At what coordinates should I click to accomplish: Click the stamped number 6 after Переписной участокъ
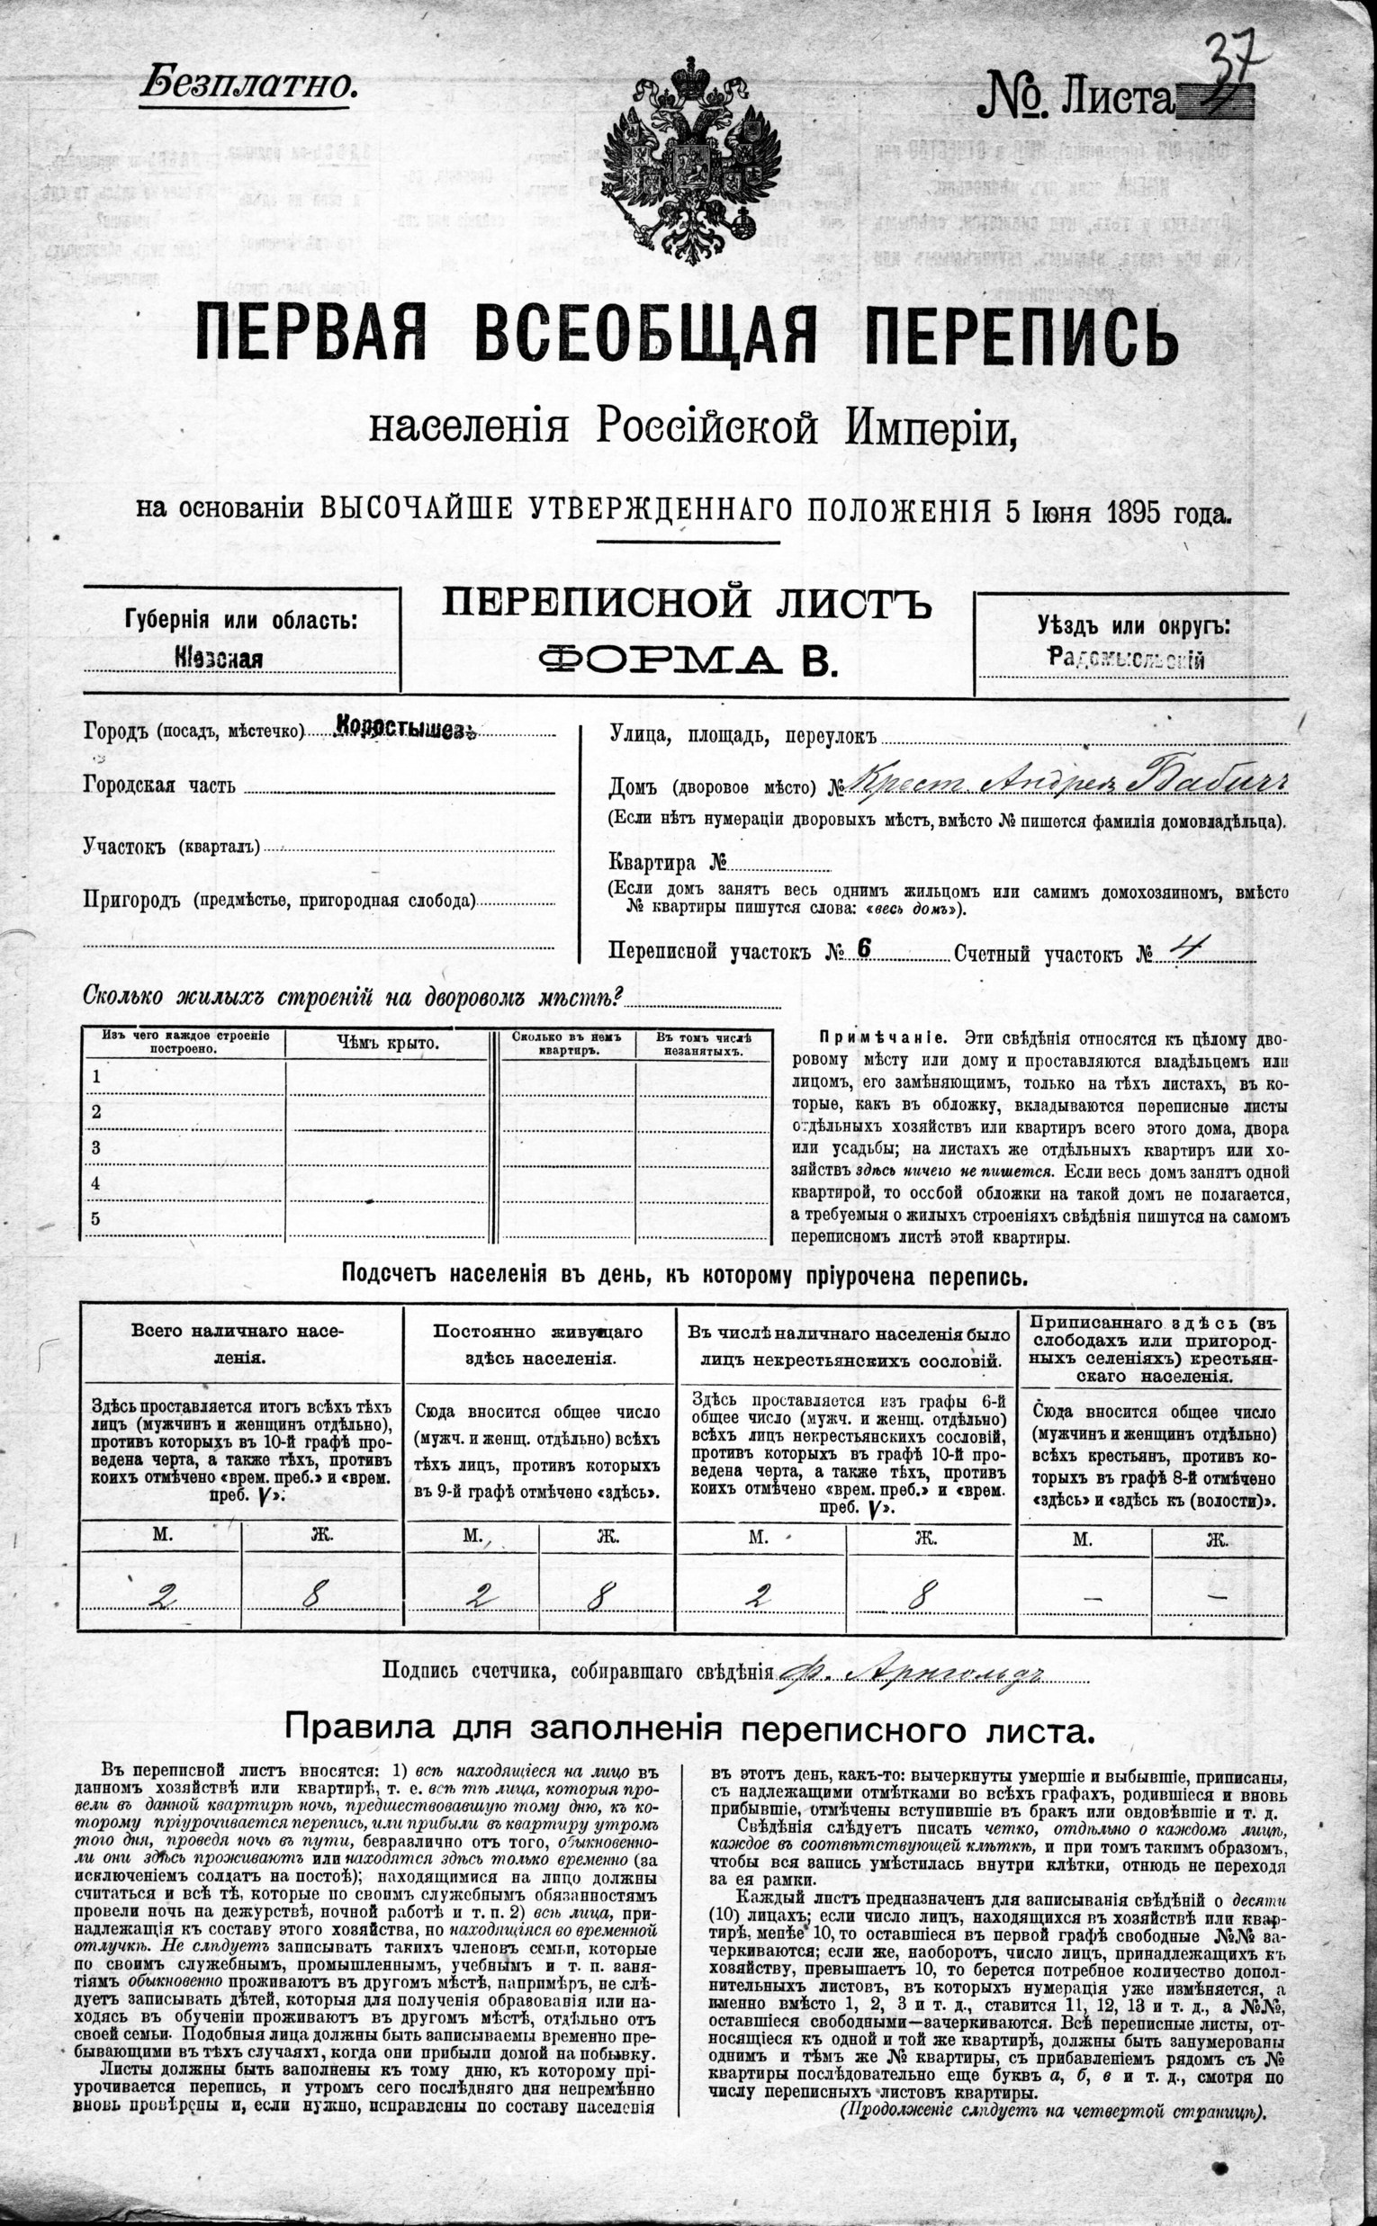tap(864, 948)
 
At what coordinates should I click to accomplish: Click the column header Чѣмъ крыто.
tap(387, 1044)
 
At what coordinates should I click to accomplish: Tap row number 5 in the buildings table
tap(95, 1219)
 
